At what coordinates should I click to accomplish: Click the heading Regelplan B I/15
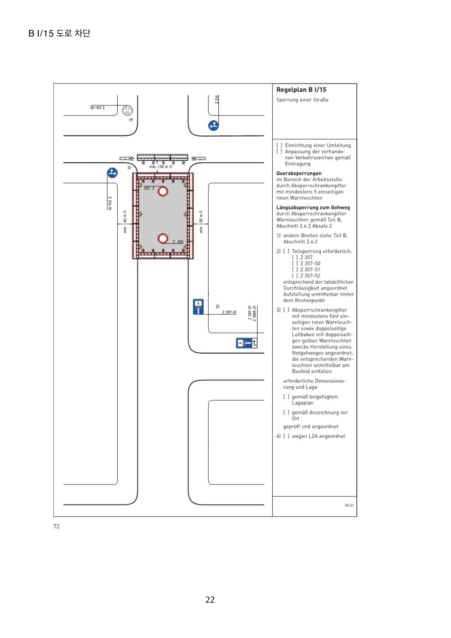pos(301,90)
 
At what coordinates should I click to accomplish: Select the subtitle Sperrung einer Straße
pos(302,100)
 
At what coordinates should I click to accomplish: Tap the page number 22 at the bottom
pos(210,599)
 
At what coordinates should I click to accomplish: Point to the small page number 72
pos(56,526)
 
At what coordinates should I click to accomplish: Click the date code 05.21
pos(349,505)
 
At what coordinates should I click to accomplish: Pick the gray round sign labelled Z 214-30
pos(127,110)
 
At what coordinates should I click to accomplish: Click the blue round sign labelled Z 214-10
pos(112,173)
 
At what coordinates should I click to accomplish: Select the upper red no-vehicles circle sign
pos(163,191)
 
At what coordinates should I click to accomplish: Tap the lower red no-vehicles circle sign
pos(163,238)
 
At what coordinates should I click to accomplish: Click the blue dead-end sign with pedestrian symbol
pos(198,307)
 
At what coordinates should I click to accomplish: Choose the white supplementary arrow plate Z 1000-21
pos(254,343)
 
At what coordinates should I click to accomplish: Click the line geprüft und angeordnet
pos(310,426)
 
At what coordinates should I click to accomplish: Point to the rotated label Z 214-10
pos(110,203)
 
